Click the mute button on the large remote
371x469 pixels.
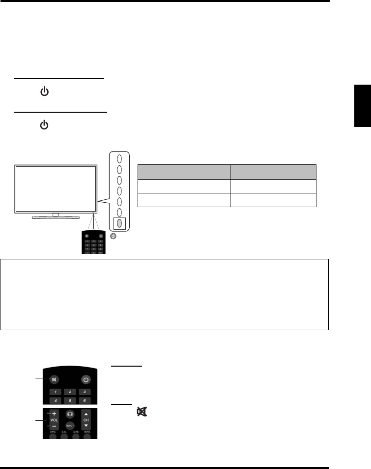click(54, 379)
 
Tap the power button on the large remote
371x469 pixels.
click(86, 379)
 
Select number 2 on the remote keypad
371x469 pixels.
click(70, 392)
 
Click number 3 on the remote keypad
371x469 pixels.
click(85, 392)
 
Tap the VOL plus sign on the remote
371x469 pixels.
click(54, 414)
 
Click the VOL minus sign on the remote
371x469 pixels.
click(54, 425)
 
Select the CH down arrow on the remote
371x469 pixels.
click(86, 425)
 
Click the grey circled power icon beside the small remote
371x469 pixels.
click(114, 236)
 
